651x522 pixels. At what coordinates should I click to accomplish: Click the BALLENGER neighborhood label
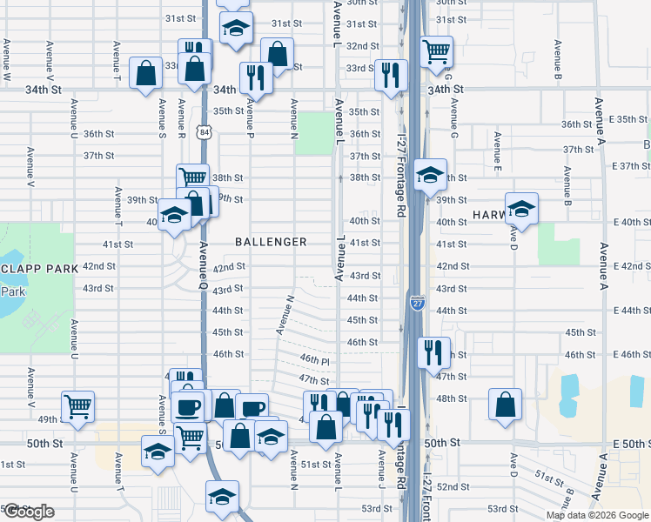[x=271, y=242]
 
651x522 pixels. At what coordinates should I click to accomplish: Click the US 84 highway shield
[x=204, y=130]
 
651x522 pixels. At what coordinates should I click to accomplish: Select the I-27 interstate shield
[x=416, y=302]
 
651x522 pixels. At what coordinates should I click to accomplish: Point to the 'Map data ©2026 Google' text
[x=597, y=515]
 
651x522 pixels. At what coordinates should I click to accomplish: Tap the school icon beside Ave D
[x=521, y=209]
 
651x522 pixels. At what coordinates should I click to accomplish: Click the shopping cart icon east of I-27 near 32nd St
[x=436, y=50]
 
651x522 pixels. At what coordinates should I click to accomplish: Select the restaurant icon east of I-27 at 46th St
[x=433, y=352]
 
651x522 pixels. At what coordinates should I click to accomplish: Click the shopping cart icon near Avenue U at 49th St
[x=78, y=406]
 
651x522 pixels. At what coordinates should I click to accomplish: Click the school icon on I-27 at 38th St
[x=430, y=176]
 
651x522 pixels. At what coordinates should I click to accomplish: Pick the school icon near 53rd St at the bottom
[x=222, y=497]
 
